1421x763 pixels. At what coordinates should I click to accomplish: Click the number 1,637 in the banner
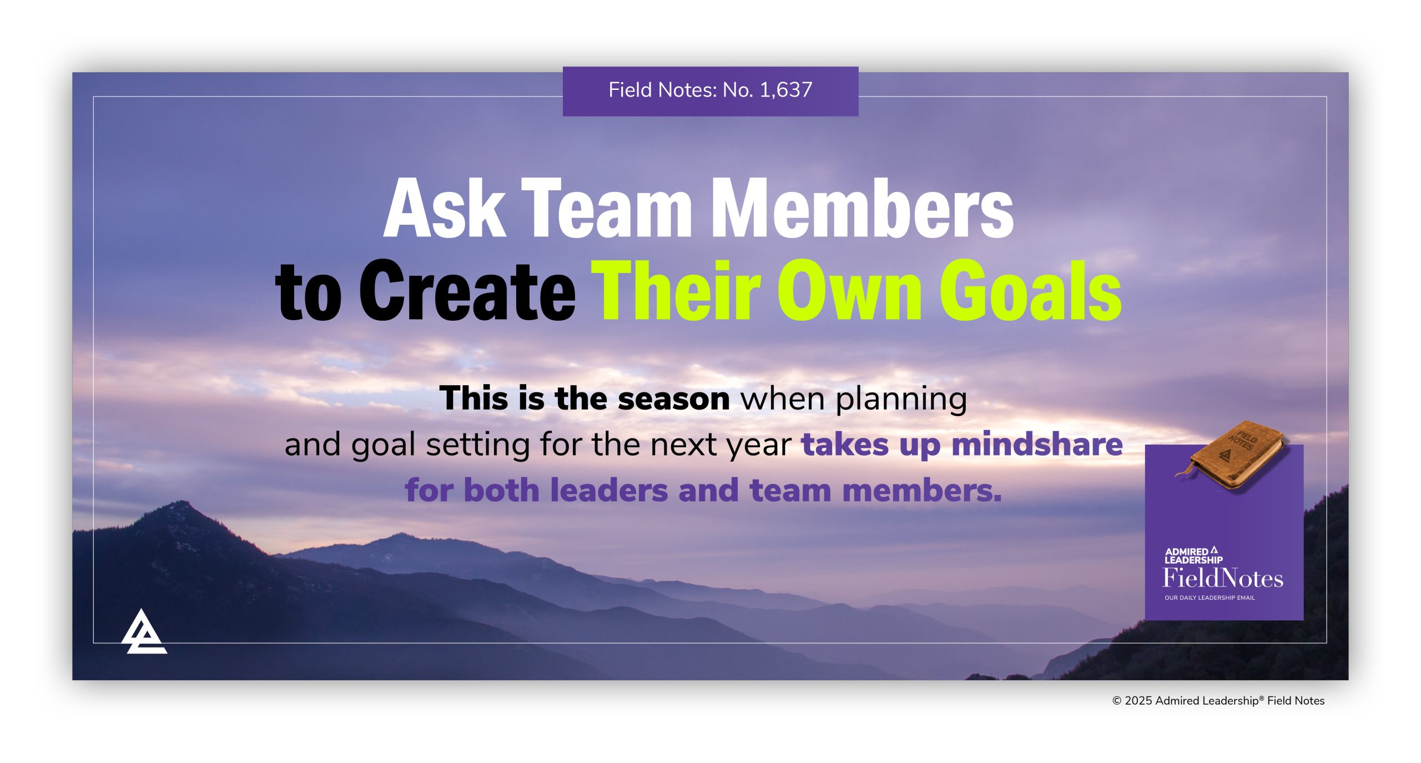785,90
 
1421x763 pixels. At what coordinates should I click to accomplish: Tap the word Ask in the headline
444,210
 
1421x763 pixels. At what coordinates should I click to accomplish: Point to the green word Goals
1030,292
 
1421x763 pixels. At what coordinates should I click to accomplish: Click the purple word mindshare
1037,444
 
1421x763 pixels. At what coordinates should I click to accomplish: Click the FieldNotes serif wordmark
1222,578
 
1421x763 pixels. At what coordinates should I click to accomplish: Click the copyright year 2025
1138,701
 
